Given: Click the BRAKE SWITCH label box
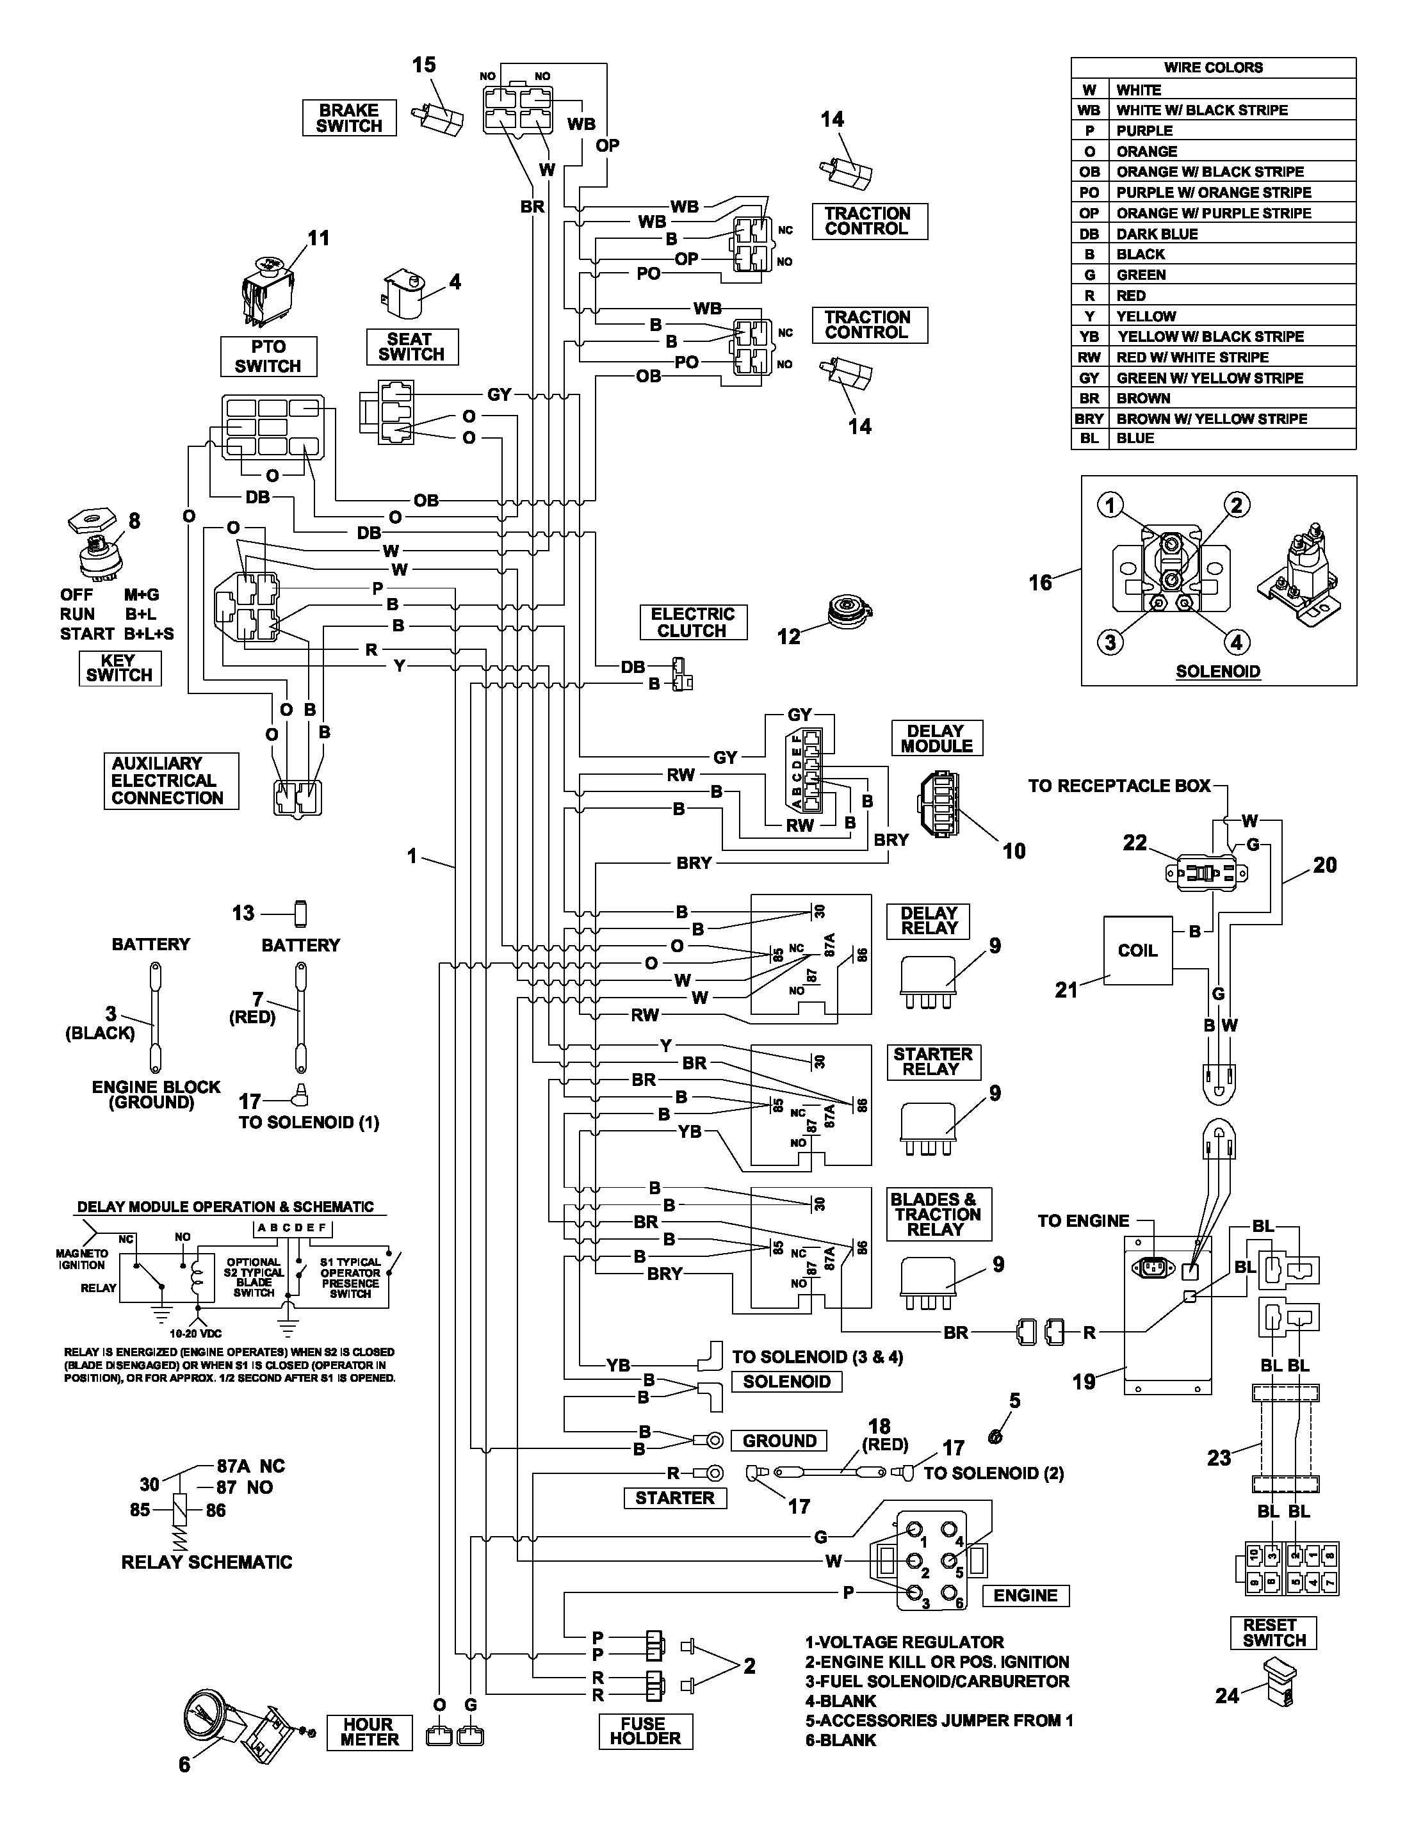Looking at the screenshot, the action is [x=348, y=118].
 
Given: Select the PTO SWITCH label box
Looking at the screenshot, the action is [x=268, y=356].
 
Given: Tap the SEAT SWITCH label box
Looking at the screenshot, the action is [x=412, y=347].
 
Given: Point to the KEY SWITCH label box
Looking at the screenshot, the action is [x=120, y=668].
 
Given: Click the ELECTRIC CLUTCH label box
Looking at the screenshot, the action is [x=692, y=622].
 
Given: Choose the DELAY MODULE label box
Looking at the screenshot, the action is [x=937, y=738].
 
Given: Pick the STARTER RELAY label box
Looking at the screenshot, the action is [x=933, y=1062].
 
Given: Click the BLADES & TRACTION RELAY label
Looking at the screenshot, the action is [x=939, y=1214].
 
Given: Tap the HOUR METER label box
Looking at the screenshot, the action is [x=369, y=1732].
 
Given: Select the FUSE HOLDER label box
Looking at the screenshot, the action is [x=646, y=1731].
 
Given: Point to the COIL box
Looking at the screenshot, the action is [x=1137, y=950].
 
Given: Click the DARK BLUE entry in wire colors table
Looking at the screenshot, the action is [x=1157, y=234].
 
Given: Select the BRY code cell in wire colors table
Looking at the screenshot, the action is [x=1089, y=418].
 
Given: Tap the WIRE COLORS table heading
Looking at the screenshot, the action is [x=1213, y=68].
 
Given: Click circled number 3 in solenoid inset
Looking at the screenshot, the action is [x=1110, y=643].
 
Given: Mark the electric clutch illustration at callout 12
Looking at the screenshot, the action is [x=849, y=611].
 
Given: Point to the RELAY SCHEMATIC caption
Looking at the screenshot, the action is [x=206, y=1562].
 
